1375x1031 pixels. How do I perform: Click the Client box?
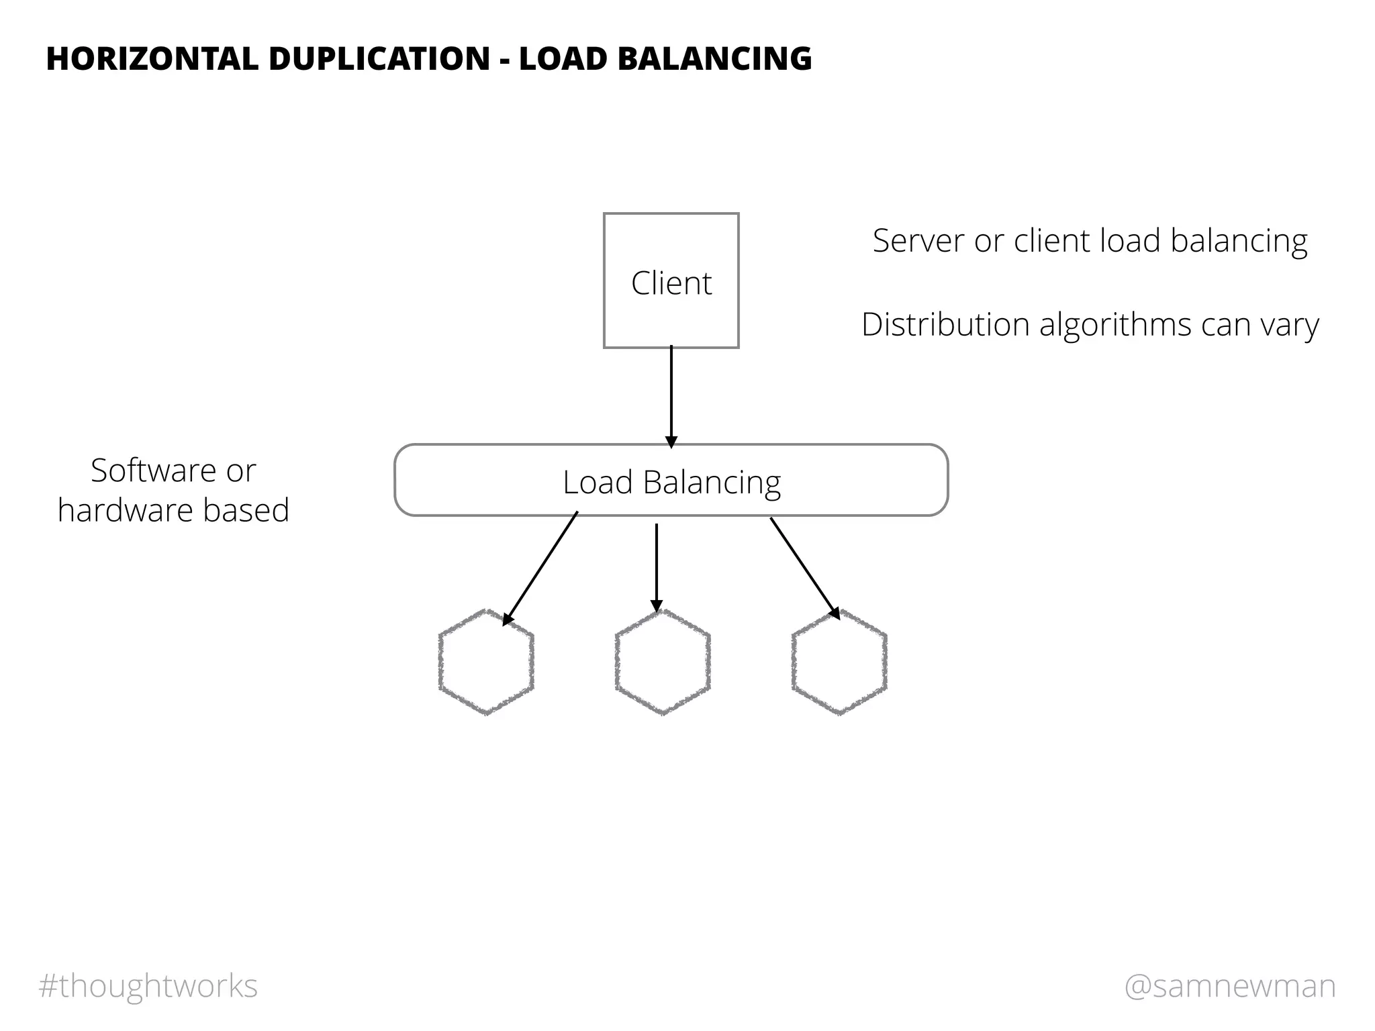point(671,281)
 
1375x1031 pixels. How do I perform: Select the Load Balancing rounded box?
point(671,481)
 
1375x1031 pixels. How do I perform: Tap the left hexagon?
point(486,662)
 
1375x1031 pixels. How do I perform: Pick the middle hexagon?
point(663,662)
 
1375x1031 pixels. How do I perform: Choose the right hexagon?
point(839,662)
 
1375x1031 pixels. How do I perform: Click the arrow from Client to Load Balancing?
point(671,396)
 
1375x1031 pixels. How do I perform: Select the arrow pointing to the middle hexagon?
point(657,567)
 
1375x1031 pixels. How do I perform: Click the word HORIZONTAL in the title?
point(152,59)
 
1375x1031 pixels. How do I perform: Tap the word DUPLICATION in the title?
point(379,59)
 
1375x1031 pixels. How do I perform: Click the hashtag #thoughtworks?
point(148,986)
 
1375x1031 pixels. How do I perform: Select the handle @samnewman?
point(1230,986)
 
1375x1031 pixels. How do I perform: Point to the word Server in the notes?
point(918,241)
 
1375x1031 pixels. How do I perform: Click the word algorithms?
point(1115,325)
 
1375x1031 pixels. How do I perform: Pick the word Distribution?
point(945,325)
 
